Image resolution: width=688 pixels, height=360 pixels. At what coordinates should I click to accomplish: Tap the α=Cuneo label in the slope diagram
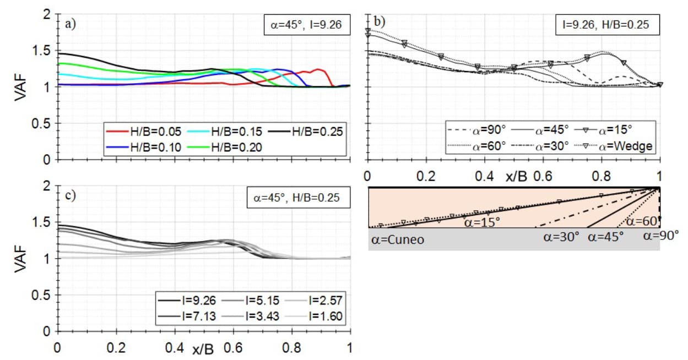tap(396, 240)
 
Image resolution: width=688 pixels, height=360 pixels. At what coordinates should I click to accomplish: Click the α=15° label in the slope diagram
tap(481, 222)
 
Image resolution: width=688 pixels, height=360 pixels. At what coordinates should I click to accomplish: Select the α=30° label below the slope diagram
tap(561, 237)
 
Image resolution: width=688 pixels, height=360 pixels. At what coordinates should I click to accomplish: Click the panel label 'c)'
tap(71, 196)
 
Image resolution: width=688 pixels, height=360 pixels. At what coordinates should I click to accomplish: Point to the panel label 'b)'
tap(380, 22)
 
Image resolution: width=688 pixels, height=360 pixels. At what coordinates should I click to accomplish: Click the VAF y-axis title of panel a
tap(20, 87)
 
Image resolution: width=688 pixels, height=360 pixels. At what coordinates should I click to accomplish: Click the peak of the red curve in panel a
tap(318, 69)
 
